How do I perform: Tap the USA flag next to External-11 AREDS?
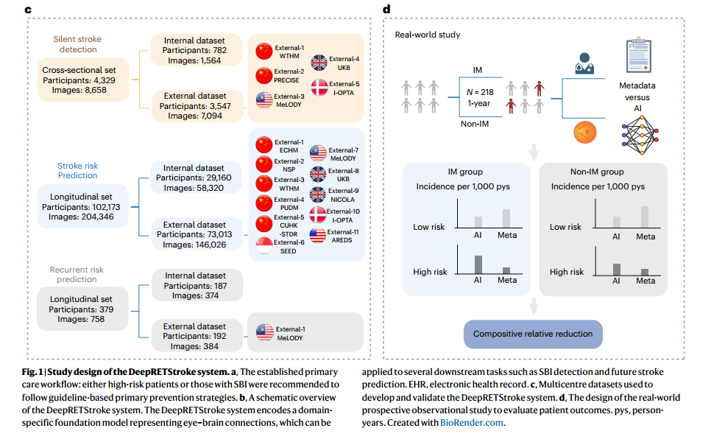pyautogui.click(x=318, y=236)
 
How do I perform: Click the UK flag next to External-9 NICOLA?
pyautogui.click(x=318, y=194)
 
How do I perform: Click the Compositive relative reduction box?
pyautogui.click(x=532, y=334)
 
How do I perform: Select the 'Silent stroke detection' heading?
pyautogui.click(x=77, y=44)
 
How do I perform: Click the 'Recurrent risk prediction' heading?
pyautogui.click(x=77, y=274)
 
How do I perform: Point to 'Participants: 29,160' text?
pyautogui.click(x=194, y=178)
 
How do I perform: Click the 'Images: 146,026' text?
pyautogui.click(x=194, y=245)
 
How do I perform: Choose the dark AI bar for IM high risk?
pyautogui.click(x=478, y=264)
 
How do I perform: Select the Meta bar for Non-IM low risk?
pyautogui.click(x=645, y=217)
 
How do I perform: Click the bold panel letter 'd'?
pyautogui.click(x=386, y=10)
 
